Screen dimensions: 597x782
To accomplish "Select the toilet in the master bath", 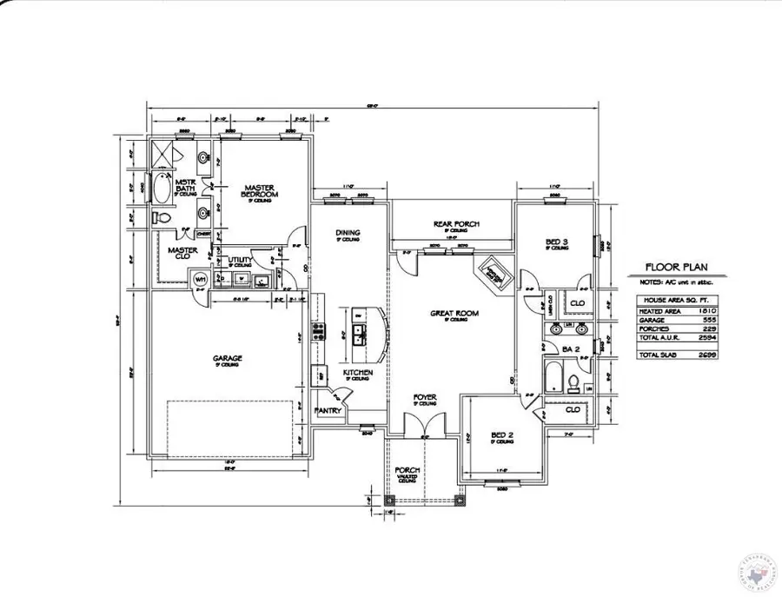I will point(162,217).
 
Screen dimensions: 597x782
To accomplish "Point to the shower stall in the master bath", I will point(163,155).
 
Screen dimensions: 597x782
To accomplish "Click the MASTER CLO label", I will point(182,252).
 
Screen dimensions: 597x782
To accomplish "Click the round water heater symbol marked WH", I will point(200,279).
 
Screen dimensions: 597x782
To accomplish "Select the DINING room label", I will point(348,232).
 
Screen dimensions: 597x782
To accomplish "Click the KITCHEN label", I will point(357,373).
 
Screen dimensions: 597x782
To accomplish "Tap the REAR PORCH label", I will point(456,224).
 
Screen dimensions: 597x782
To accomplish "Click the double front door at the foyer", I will point(423,426).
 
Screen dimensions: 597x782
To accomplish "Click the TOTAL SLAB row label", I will point(658,355).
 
